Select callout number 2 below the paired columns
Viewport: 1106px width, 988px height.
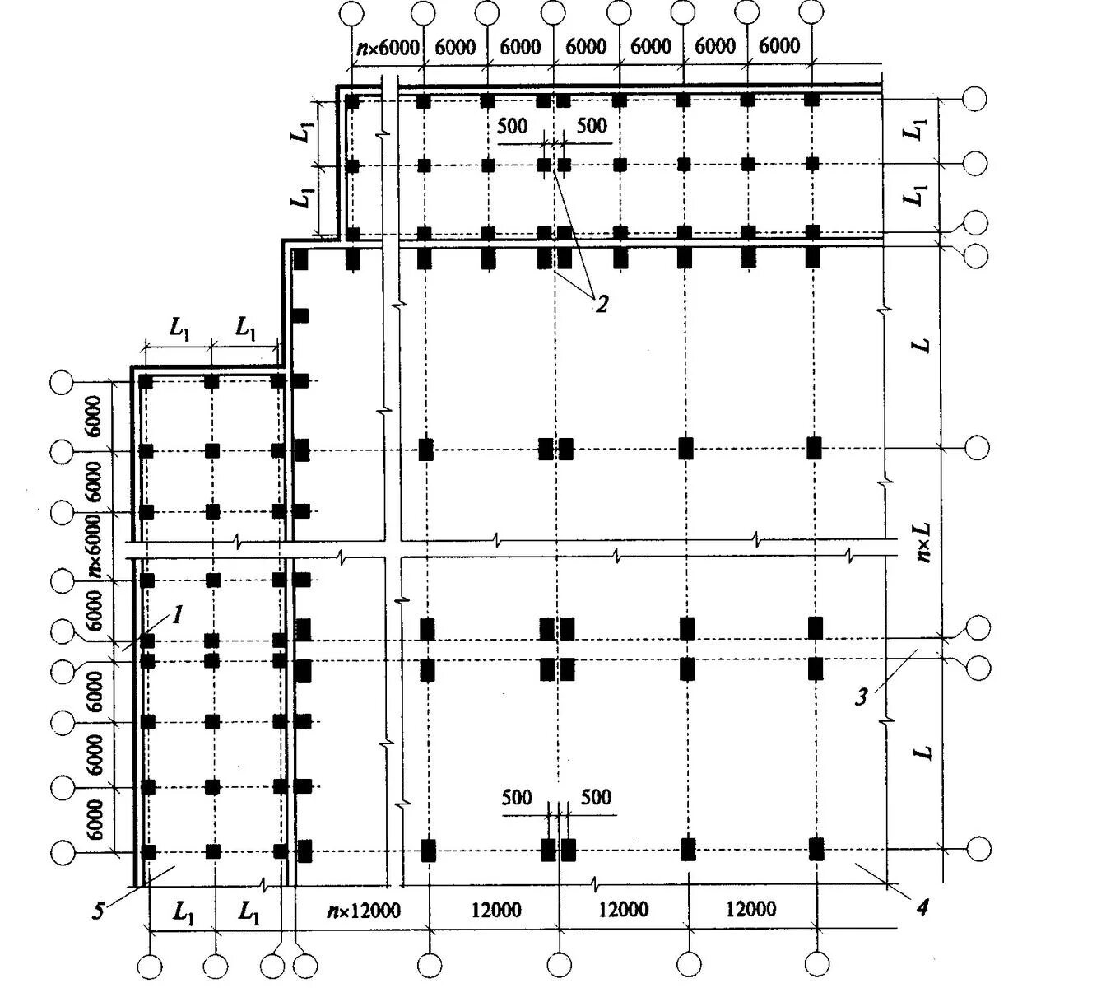coord(602,304)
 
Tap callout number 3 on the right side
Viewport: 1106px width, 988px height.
coord(861,697)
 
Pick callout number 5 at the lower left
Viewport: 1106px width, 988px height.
coord(100,911)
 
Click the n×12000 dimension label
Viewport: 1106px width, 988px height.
coord(363,911)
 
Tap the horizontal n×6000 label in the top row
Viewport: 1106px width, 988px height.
coord(388,47)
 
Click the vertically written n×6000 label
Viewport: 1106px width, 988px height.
coord(94,543)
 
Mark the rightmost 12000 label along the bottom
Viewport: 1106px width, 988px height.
coord(750,910)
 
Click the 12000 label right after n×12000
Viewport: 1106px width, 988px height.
coord(495,910)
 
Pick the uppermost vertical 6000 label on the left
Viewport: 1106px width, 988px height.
coord(95,416)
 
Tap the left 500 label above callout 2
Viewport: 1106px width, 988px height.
coord(513,126)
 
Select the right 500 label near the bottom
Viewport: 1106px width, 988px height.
coord(596,797)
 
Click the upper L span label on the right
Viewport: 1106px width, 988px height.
coord(923,342)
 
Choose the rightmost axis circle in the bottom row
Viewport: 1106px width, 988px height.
coord(818,964)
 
